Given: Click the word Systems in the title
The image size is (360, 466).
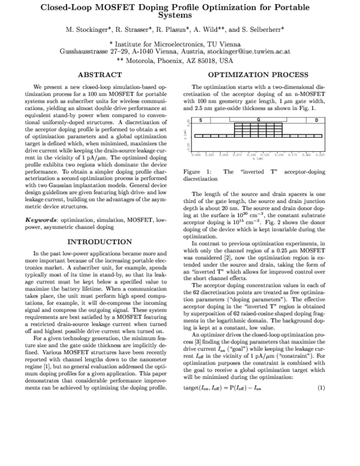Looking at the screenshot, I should [x=180, y=16].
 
